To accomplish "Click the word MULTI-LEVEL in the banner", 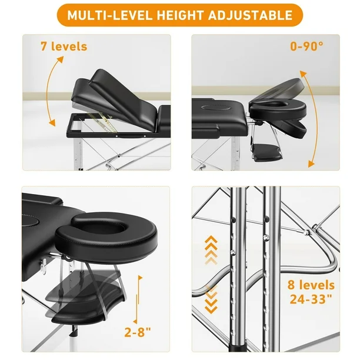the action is click(109, 15).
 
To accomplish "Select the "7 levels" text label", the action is click(64, 46).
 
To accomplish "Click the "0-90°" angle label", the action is click(306, 46).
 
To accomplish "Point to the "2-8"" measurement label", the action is click(138, 332).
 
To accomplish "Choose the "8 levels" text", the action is click(311, 285).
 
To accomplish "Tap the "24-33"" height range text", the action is click(311, 299).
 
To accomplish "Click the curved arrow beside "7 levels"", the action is click(49, 92).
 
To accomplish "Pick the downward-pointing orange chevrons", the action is click(211, 299).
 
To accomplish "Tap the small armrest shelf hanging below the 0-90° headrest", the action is click(267, 152).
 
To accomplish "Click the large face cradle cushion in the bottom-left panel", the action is click(106, 236).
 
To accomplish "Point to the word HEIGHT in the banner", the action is click(180, 15).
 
